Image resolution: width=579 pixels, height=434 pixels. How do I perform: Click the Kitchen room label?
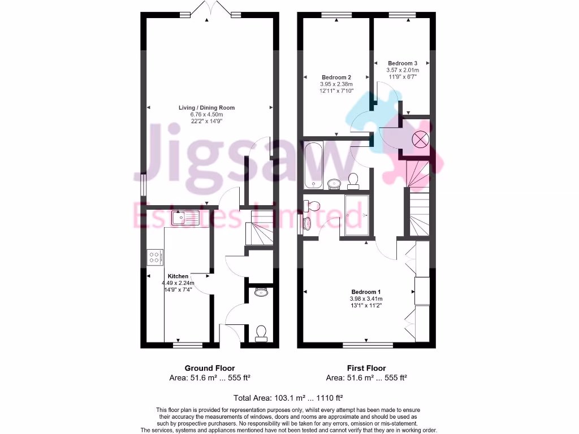(x=178, y=276)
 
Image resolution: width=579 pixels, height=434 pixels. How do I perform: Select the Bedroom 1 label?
(x=366, y=292)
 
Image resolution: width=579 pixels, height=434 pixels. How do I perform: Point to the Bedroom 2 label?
(x=336, y=77)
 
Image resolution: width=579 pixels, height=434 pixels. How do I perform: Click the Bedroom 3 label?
(x=403, y=63)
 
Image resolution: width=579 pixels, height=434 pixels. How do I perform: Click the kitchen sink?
(x=187, y=218)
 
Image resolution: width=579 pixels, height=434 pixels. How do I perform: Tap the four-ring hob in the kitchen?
(x=153, y=258)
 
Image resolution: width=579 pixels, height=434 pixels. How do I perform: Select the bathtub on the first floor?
(x=313, y=166)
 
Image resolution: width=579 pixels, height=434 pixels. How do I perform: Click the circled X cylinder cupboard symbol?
(x=420, y=139)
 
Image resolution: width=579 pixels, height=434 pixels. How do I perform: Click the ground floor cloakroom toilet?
(x=261, y=332)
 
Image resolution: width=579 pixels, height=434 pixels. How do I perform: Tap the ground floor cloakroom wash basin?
(x=261, y=292)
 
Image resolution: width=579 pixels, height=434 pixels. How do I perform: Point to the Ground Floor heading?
(x=210, y=368)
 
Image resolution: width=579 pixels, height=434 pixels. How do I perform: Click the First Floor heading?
(x=366, y=368)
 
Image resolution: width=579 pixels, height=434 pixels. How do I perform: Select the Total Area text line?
(x=288, y=397)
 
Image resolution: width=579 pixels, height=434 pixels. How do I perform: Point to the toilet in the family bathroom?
(x=354, y=180)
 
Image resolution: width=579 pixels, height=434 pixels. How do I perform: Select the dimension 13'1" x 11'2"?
(x=366, y=306)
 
